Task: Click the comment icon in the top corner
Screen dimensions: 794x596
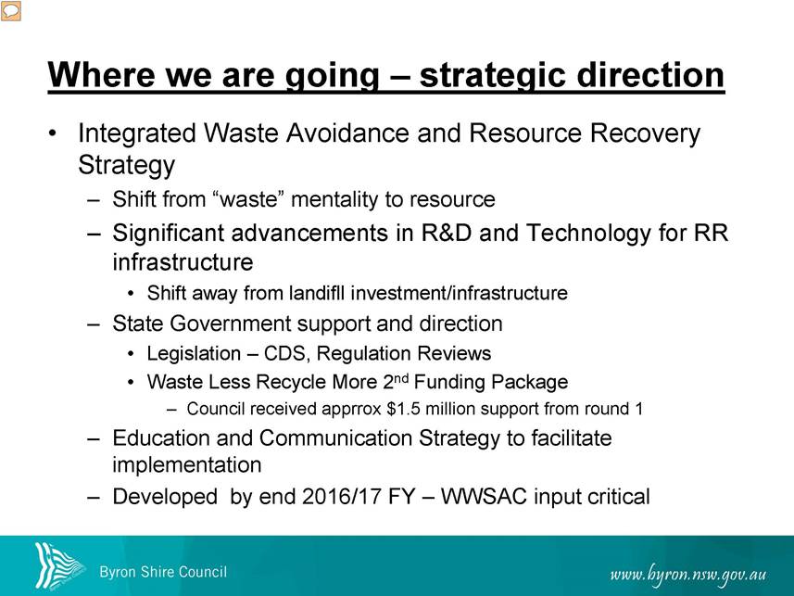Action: pyautogui.click(x=10, y=10)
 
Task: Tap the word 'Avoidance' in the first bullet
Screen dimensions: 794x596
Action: pyautogui.click(x=347, y=133)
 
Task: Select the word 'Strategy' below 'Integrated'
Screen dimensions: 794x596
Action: pyautogui.click(x=126, y=166)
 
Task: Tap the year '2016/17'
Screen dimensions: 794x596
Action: pyautogui.click(x=341, y=497)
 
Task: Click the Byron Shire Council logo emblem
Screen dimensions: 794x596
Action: pyautogui.click(x=57, y=565)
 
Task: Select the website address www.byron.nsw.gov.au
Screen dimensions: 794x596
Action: pyautogui.click(x=687, y=575)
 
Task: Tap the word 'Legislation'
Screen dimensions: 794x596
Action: pyautogui.click(x=194, y=354)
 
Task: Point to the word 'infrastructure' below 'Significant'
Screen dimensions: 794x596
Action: pyautogui.click(x=183, y=262)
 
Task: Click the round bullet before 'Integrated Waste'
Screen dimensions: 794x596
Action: pyautogui.click(x=52, y=133)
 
